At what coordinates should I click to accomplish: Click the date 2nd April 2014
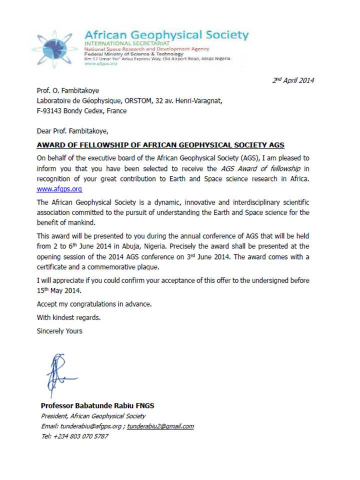[x=293, y=80]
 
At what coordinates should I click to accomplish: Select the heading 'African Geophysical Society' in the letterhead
[x=166, y=35]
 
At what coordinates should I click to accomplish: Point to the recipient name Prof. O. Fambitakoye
[x=67, y=91]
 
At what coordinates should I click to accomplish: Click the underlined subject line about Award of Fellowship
[x=160, y=145]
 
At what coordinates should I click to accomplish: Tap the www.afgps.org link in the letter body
[x=59, y=189]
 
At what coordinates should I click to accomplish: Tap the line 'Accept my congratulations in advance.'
[x=92, y=304]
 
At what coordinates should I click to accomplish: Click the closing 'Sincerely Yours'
[x=59, y=331]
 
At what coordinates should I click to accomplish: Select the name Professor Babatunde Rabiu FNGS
[x=97, y=405]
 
